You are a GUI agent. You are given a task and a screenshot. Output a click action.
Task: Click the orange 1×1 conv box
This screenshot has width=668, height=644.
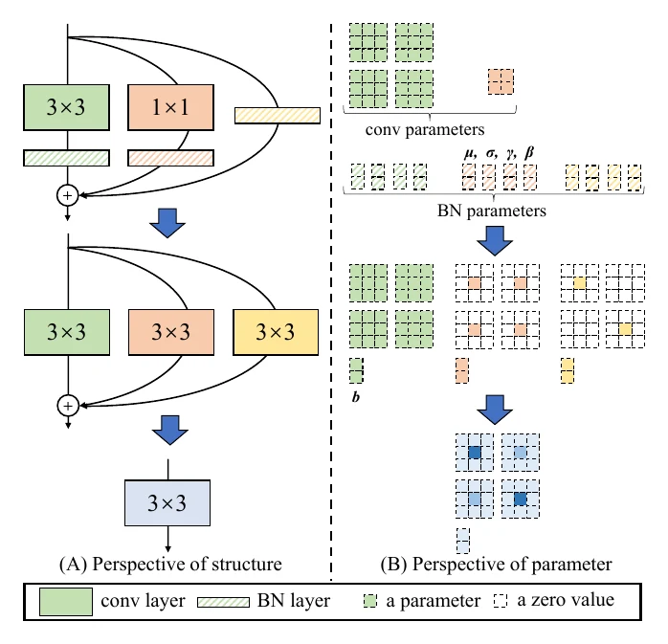tap(171, 107)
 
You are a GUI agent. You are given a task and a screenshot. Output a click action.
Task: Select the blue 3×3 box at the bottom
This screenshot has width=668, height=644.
tap(167, 503)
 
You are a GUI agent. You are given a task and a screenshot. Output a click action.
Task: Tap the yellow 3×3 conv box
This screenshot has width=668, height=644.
tap(276, 332)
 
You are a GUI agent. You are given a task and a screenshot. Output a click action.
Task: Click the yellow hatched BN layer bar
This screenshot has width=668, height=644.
tap(278, 116)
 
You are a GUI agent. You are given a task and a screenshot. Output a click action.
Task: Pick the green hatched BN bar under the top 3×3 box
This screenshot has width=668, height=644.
tap(66, 158)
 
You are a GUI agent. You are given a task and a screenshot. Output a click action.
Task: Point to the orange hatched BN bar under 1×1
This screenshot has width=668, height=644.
tap(171, 158)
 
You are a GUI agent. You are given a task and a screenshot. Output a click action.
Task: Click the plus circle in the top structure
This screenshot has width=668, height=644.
tap(67, 195)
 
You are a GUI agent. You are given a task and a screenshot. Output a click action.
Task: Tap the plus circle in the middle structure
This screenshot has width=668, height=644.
tap(68, 406)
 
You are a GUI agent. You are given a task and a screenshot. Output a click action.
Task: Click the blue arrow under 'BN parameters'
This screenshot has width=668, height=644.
tap(495, 241)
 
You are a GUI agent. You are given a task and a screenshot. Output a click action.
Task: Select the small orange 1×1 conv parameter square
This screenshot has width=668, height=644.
tap(501, 81)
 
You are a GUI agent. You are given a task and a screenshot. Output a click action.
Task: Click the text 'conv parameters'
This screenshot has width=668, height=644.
tap(425, 129)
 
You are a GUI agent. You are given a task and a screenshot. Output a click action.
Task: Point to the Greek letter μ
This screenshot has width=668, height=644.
tap(470, 153)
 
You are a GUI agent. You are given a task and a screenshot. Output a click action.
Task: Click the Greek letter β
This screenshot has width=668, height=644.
tap(529, 152)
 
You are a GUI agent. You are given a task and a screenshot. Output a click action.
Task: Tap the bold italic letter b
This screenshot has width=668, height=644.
tap(356, 397)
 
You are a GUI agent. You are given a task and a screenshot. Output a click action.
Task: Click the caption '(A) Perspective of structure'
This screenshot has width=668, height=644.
tap(170, 564)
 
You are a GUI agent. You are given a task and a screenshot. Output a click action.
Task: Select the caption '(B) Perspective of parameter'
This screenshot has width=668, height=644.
tap(497, 564)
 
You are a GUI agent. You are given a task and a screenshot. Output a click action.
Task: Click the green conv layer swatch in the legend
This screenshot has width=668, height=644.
tap(66, 602)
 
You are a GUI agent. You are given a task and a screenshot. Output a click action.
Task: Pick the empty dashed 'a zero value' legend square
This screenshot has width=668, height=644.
tap(501, 601)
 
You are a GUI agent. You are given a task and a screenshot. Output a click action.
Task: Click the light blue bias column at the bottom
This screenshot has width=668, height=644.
tap(463, 541)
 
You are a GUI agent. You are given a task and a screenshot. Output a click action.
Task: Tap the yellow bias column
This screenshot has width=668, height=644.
tap(568, 370)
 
